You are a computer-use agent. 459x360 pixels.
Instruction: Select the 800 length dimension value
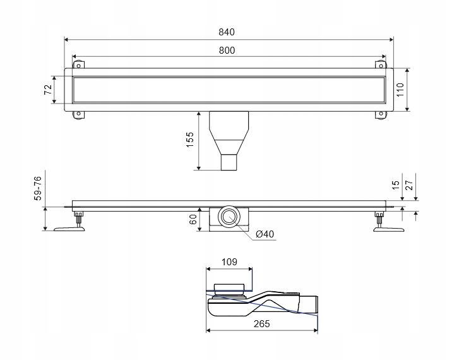[229, 50]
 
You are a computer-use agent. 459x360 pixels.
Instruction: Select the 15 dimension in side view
[396, 186]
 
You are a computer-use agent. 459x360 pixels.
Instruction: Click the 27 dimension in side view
[410, 186]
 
